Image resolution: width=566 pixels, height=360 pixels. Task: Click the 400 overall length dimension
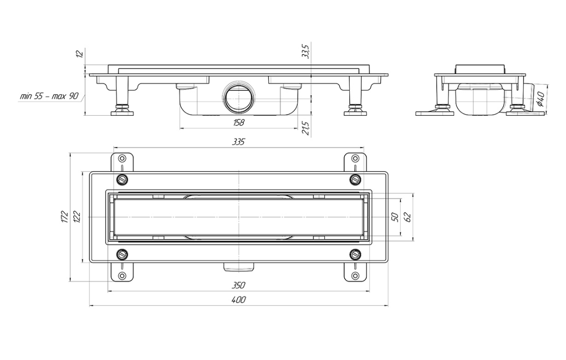tap(239, 300)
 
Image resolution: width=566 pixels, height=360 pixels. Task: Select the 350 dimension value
tap(239, 285)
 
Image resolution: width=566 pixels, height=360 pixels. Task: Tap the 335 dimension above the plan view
tap(239, 142)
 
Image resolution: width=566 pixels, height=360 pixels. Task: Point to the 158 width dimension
tap(239, 122)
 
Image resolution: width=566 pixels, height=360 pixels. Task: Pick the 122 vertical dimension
tap(78, 216)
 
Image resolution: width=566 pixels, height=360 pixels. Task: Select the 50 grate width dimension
tap(395, 217)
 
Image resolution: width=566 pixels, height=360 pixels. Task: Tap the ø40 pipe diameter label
tap(540, 99)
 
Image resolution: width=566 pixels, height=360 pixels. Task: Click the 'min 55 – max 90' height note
tap(49, 97)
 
